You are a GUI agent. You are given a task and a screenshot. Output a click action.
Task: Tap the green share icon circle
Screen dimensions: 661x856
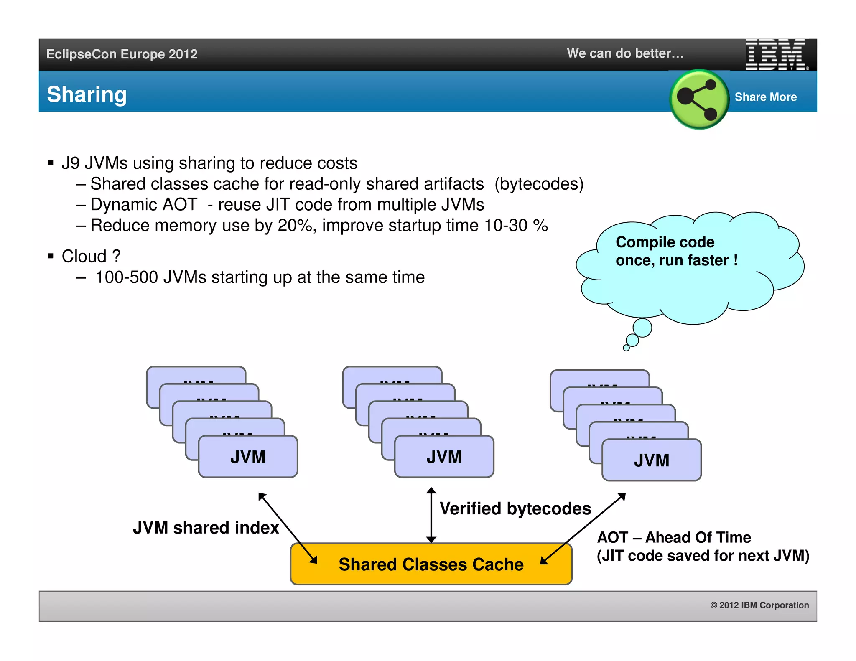pos(699,99)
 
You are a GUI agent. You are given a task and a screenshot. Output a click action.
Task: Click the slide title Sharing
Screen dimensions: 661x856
pos(87,94)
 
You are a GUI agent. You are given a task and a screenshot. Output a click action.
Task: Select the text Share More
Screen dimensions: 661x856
pos(765,97)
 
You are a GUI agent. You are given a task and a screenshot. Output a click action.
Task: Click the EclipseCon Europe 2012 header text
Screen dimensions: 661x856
pos(122,54)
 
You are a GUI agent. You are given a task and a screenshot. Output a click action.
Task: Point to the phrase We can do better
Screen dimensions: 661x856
pos(625,53)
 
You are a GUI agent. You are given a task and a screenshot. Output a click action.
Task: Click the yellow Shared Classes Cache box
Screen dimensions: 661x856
pos(431,564)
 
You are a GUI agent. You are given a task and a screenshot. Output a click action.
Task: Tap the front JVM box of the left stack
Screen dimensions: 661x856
pos(248,457)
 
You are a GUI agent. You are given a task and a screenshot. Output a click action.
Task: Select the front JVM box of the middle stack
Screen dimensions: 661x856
pos(444,457)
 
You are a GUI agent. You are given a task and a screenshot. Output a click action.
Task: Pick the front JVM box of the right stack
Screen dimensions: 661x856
pos(651,460)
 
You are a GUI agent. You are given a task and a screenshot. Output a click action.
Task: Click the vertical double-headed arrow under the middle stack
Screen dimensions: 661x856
pos(431,515)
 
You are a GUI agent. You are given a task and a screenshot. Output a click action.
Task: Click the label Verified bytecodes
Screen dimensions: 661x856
pos(515,508)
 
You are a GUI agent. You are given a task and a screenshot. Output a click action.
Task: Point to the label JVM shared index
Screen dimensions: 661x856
pos(206,527)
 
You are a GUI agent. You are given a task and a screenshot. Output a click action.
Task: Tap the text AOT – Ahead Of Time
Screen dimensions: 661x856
pos(674,537)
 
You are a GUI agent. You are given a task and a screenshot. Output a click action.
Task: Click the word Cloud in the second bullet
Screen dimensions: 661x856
pos(84,256)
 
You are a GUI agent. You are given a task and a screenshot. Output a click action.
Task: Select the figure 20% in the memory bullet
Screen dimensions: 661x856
pos(295,226)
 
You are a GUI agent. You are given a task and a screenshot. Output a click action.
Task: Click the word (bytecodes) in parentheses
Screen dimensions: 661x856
pos(539,184)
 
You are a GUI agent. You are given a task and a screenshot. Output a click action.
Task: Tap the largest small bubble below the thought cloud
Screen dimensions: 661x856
pos(642,327)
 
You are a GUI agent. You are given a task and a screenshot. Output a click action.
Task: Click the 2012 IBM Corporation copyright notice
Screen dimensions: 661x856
pos(759,605)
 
